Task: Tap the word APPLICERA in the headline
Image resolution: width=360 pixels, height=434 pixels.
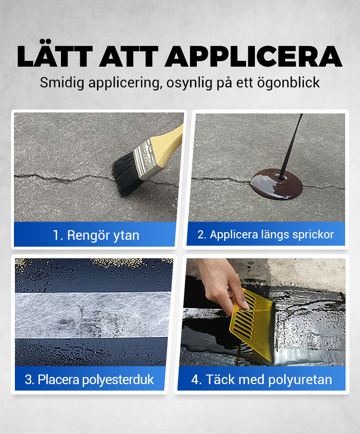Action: (x=253, y=57)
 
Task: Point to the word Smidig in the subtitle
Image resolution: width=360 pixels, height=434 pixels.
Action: (x=62, y=83)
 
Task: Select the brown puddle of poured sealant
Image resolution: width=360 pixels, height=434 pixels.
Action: (x=276, y=184)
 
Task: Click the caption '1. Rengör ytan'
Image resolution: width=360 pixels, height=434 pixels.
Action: (x=96, y=235)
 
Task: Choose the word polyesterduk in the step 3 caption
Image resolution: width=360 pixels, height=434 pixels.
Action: (x=118, y=380)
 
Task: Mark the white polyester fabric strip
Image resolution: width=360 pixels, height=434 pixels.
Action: (x=92, y=315)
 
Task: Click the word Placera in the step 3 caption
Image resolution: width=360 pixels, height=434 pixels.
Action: (x=59, y=379)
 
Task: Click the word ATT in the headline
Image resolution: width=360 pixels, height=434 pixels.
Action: (x=129, y=57)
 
